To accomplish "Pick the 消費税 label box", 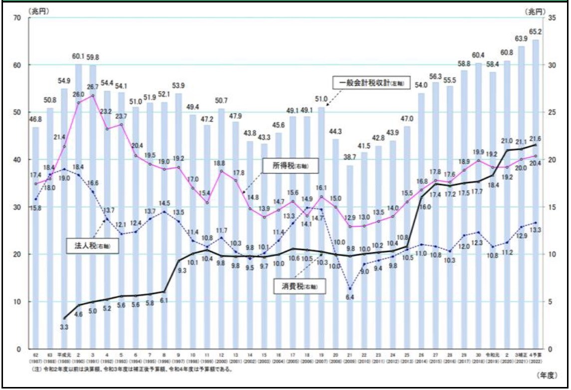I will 297,286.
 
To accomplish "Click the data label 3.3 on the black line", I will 64,327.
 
